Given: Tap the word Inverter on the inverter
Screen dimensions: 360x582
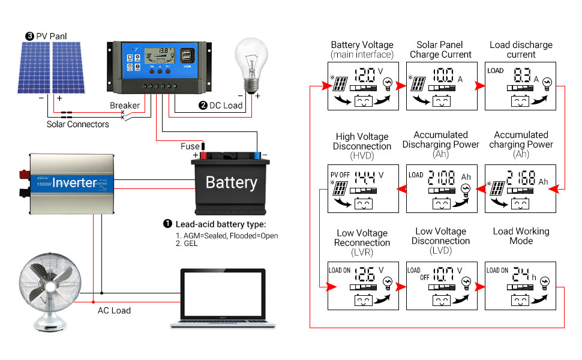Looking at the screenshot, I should (74, 182).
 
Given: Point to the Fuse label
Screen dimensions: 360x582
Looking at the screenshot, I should (190, 146).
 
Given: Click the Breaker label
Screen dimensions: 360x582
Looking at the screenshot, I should (124, 106).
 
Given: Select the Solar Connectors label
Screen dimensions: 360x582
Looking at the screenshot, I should (78, 124).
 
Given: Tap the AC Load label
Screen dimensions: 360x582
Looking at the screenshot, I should (114, 310).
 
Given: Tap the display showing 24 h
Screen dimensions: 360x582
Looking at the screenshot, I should (520, 285).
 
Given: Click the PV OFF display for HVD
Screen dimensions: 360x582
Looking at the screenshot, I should (362, 188).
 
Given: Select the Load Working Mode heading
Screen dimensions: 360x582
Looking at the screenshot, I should (521, 236).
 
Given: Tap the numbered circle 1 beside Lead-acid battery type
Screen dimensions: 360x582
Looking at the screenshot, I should (167, 224).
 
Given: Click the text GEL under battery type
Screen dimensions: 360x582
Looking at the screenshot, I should (190, 244).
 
